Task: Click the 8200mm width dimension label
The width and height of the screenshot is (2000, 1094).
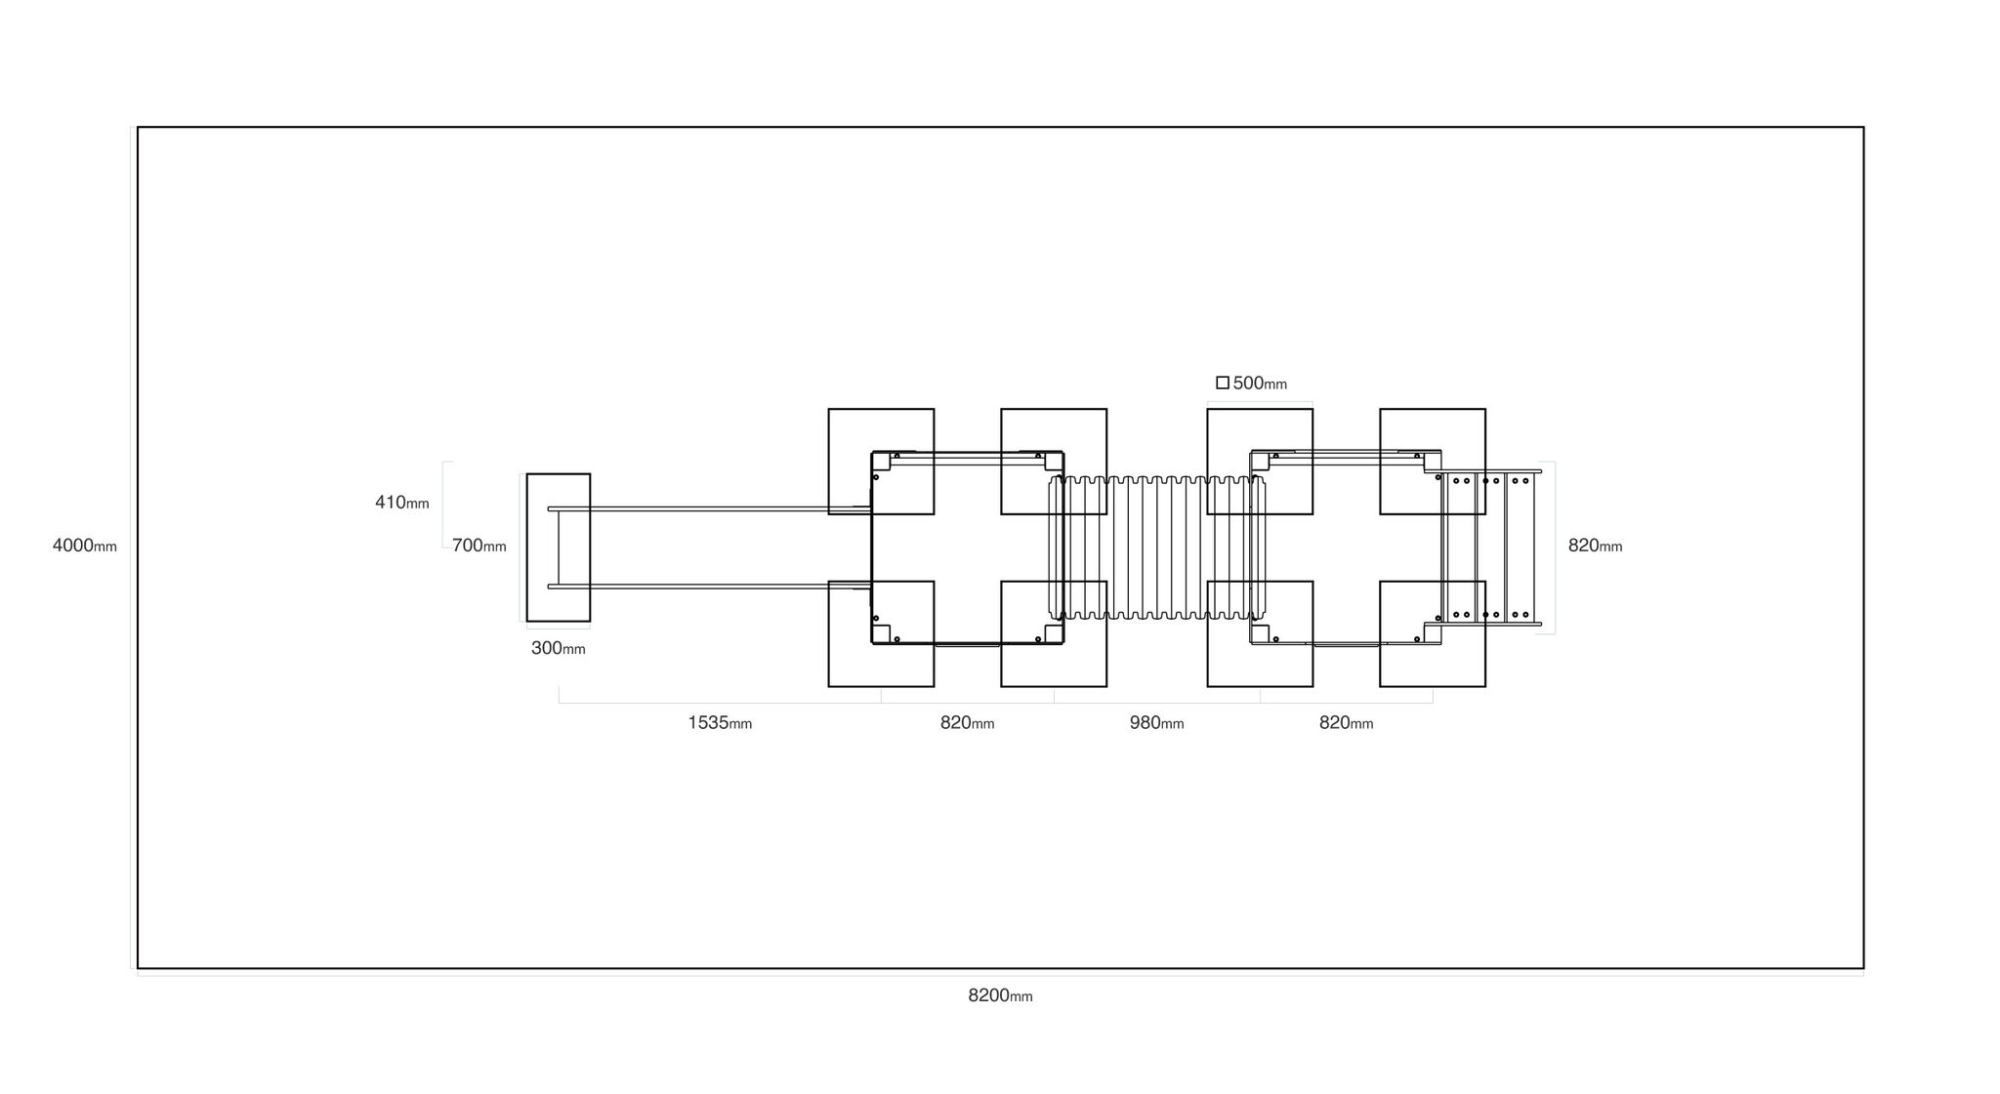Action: click(x=1000, y=995)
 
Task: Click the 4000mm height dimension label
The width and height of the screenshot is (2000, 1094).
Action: click(x=84, y=546)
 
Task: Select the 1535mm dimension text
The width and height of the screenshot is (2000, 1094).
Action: click(x=720, y=723)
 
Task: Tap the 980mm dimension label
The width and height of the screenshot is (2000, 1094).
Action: click(x=1156, y=723)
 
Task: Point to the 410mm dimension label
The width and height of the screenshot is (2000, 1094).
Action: click(x=402, y=503)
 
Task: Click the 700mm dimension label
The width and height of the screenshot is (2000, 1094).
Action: click(x=479, y=546)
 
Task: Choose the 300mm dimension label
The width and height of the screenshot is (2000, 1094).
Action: click(x=559, y=648)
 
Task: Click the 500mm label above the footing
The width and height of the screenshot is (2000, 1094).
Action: click(x=1260, y=384)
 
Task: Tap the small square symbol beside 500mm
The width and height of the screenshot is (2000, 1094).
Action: click(x=1223, y=383)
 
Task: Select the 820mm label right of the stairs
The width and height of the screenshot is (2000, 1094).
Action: click(x=1595, y=546)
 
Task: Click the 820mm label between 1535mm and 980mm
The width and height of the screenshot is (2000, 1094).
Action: click(x=967, y=723)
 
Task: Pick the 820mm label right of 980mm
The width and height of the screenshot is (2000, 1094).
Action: click(x=1346, y=723)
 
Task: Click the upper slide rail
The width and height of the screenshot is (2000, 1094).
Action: click(x=709, y=508)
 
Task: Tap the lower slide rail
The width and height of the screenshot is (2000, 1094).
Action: click(x=709, y=587)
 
